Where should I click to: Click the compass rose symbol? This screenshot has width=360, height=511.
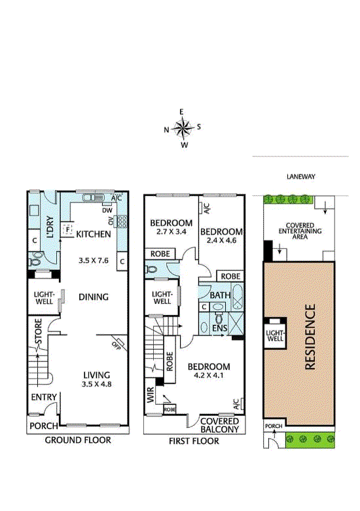tap(182, 128)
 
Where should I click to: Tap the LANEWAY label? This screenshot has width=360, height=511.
tap(300, 177)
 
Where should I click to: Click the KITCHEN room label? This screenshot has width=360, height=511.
tap(94, 234)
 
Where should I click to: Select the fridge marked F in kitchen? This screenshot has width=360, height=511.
tap(67, 229)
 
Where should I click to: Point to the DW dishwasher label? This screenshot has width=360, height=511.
tap(107, 210)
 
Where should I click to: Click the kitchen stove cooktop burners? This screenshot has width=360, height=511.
tap(122, 221)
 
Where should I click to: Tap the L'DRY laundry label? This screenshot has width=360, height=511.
tap(50, 227)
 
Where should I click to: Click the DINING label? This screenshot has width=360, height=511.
tap(94, 297)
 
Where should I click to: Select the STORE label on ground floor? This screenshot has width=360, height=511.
tap(39, 331)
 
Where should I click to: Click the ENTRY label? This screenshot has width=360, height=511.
tap(44, 397)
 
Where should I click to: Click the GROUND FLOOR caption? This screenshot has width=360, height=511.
tap(78, 440)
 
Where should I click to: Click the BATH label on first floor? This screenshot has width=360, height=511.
tap(220, 295)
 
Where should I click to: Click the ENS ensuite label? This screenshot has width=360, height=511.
tap(219, 328)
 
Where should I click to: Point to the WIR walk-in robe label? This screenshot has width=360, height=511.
tap(151, 394)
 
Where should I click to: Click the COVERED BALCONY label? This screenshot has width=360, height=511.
tap(220, 425)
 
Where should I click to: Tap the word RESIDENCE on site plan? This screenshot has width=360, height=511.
tap(310, 337)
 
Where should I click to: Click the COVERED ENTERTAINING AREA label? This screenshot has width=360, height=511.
tap(300, 231)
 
